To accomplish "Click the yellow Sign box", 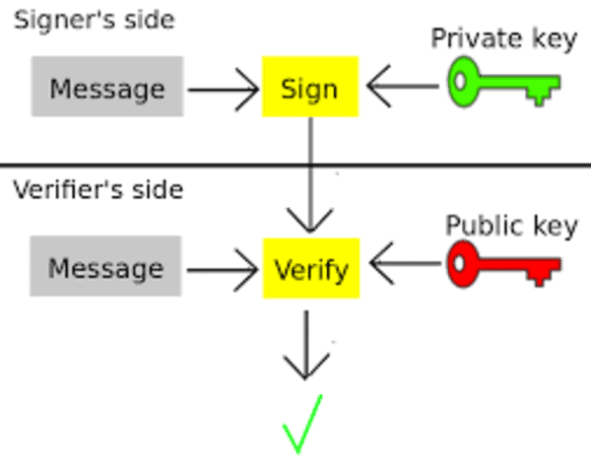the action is click(x=310, y=87).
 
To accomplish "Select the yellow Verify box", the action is click(x=311, y=268).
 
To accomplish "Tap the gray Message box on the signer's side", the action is click(x=107, y=87).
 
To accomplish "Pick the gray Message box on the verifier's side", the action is click(x=106, y=266).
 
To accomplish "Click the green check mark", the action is click(x=302, y=424).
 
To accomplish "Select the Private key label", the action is click(x=504, y=38).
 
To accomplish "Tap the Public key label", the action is click(x=511, y=226).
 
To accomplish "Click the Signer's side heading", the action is click(x=95, y=20).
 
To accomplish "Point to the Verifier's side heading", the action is click(x=98, y=189).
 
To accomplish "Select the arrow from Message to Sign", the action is click(x=224, y=90).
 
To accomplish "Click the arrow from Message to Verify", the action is click(x=223, y=270).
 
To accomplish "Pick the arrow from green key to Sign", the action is click(x=403, y=87).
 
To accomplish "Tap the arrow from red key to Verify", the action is click(x=406, y=263).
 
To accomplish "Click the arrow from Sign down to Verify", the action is click(x=310, y=174).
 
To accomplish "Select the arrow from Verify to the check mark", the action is click(x=306, y=345).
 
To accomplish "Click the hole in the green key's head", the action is click(x=460, y=81).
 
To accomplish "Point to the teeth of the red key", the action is click(x=540, y=277).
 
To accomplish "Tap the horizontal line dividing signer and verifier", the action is click(x=295, y=165).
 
